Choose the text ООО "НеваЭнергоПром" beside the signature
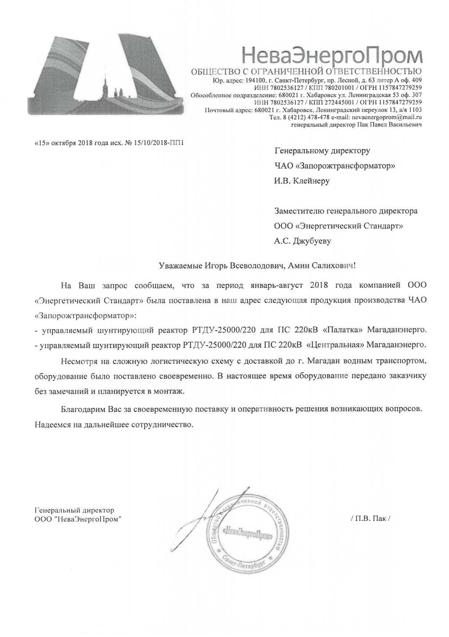click(x=78, y=519)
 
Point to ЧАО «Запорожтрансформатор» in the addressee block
click(x=334, y=166)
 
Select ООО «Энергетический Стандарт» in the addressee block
click(x=338, y=226)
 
